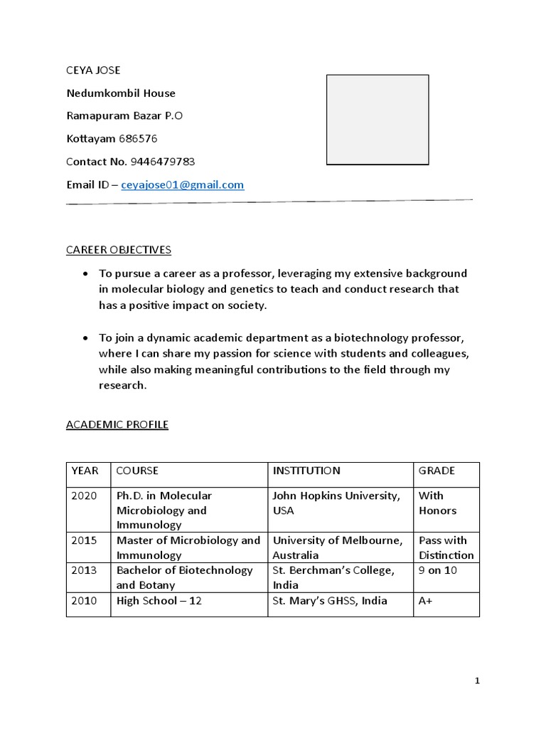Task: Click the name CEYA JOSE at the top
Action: click(93, 70)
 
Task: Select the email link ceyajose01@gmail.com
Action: click(183, 185)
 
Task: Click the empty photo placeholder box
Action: click(378, 120)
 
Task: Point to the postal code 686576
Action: click(137, 139)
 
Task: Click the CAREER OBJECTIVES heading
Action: click(119, 250)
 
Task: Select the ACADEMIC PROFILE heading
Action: click(117, 425)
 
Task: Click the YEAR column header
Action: click(84, 471)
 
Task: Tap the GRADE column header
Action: click(437, 471)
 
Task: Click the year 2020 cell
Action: click(82, 495)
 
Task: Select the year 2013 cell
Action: click(82, 570)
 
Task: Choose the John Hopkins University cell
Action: click(336, 503)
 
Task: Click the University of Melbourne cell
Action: click(337, 547)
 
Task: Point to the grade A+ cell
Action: click(427, 601)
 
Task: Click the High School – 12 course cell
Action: click(159, 601)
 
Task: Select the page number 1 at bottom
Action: click(477, 681)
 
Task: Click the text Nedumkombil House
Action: click(121, 93)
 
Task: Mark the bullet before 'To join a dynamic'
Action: click(86, 338)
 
